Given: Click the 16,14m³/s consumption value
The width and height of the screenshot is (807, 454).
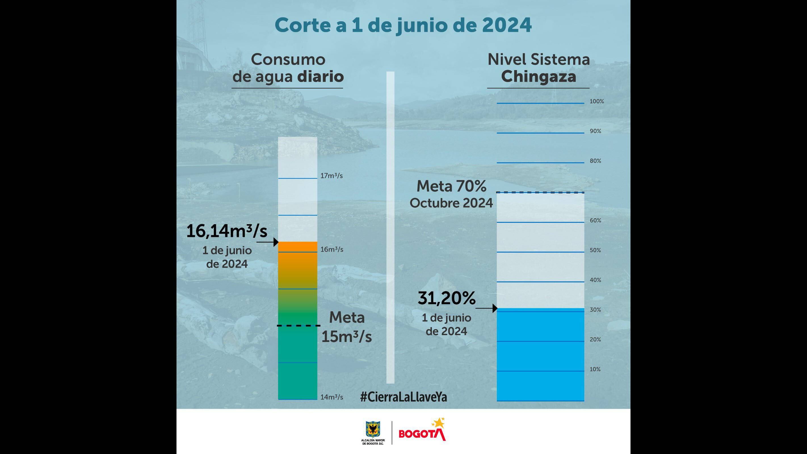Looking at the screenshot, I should click(x=227, y=231).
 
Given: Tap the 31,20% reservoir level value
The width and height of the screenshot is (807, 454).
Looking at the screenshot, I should click(x=446, y=298).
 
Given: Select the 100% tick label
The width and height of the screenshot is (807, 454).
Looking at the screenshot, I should click(x=596, y=101).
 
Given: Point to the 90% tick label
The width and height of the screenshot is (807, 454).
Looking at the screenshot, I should click(x=595, y=131).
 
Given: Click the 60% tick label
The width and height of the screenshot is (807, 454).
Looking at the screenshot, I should click(x=595, y=220).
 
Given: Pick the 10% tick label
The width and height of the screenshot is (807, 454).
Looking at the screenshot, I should click(x=595, y=369).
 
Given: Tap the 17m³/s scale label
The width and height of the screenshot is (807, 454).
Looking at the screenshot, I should click(x=331, y=176).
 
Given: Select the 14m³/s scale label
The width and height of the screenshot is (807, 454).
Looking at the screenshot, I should click(x=331, y=397).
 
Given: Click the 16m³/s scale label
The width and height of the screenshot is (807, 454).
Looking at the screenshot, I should click(x=331, y=249).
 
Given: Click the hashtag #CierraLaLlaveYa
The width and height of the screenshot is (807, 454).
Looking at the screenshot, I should click(x=403, y=397).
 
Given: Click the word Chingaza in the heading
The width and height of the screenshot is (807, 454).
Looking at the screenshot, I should click(x=539, y=76).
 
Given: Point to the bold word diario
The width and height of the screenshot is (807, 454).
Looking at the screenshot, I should click(x=320, y=76).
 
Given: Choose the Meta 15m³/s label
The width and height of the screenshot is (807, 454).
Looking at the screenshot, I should click(x=346, y=327).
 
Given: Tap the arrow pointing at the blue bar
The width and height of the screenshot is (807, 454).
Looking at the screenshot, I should click(x=486, y=308).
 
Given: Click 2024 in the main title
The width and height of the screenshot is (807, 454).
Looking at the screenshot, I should click(x=507, y=25).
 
